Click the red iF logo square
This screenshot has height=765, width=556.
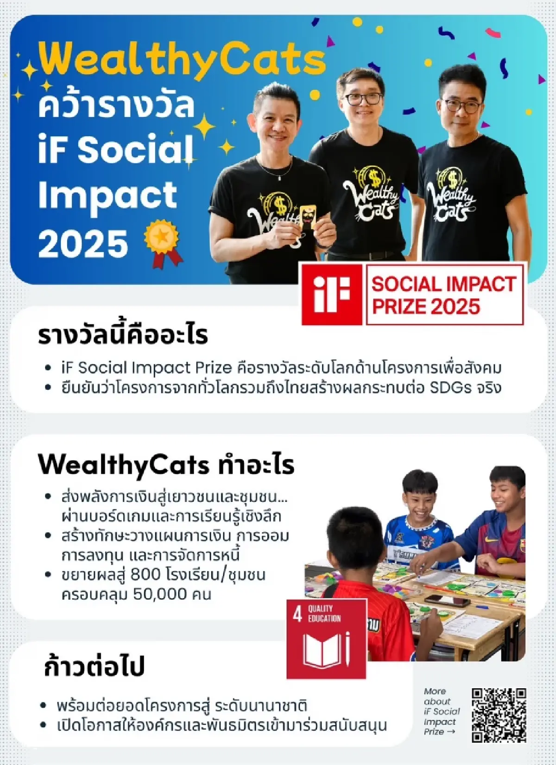(x=331, y=294)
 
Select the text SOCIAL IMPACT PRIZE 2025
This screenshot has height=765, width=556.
(x=444, y=295)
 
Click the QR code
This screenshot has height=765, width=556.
(x=499, y=715)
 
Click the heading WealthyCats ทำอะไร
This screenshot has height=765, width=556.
(x=166, y=464)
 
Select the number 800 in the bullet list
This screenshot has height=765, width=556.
(x=145, y=575)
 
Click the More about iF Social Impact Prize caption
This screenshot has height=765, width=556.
(x=441, y=711)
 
